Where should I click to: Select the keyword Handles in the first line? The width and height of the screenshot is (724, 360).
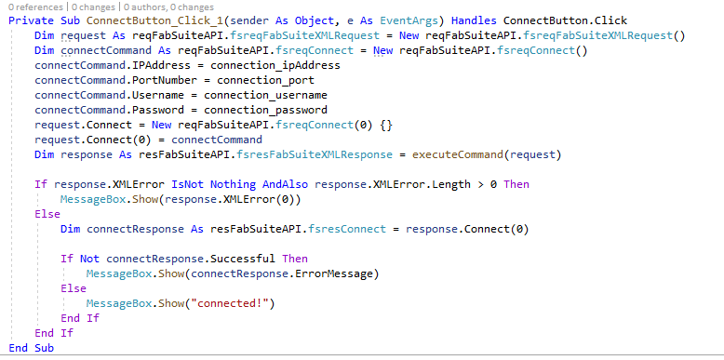click(x=474, y=20)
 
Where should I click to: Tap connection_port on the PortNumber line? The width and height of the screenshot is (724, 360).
click(x=265, y=80)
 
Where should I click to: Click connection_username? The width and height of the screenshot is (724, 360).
click(x=265, y=95)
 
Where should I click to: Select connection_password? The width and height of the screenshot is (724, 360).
click(x=265, y=110)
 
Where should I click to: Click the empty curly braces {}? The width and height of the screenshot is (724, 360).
click(x=386, y=125)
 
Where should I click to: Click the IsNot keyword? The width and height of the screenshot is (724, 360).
click(x=187, y=184)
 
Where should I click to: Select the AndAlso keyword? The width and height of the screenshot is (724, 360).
click(x=285, y=184)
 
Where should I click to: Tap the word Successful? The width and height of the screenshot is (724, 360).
click(x=243, y=259)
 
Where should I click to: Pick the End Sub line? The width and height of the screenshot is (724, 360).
click(x=32, y=348)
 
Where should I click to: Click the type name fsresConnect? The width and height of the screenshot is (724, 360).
click(x=347, y=229)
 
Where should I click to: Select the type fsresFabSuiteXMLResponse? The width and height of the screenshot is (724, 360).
click(x=314, y=154)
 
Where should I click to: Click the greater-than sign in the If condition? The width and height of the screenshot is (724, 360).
click(x=480, y=184)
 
